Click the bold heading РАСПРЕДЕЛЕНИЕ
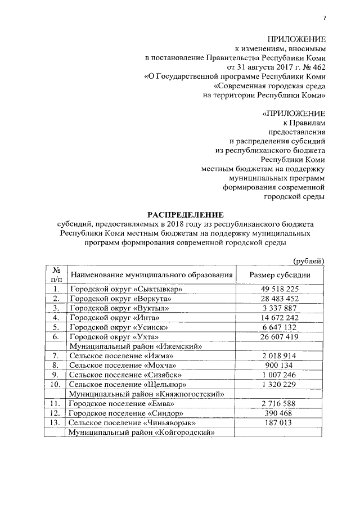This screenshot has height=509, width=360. (x=185, y=215)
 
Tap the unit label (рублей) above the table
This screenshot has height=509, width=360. (x=309, y=260)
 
